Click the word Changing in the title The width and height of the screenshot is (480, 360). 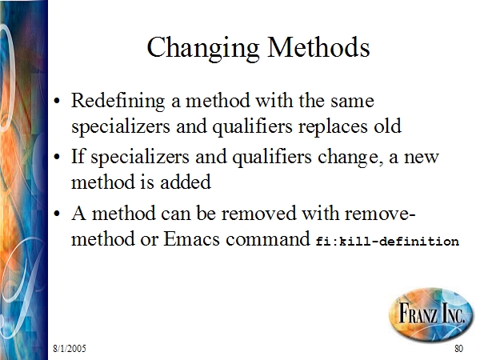click(203, 48)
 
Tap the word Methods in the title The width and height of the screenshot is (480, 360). click(318, 47)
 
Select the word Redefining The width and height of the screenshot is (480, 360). click(118, 101)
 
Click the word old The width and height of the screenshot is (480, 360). click(387, 125)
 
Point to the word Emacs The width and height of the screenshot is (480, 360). click(192, 238)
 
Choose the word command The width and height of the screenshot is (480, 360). click(268, 238)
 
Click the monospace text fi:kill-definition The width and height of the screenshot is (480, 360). click(387, 241)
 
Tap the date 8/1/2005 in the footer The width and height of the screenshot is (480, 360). click(70, 348)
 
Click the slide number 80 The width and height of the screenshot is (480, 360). click(458, 348)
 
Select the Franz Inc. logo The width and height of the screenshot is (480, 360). click(431, 314)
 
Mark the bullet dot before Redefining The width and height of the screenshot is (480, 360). click(57, 102)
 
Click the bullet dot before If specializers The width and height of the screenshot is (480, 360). click(57, 157)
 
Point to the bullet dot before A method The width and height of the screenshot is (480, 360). click(57, 214)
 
